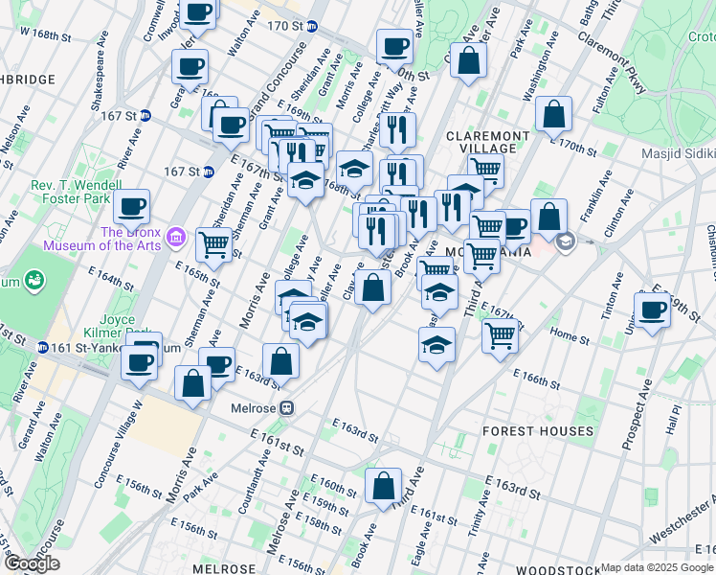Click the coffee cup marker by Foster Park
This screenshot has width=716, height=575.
[131, 206]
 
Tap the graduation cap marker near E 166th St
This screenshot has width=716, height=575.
[436, 345]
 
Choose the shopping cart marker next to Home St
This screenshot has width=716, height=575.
[500, 336]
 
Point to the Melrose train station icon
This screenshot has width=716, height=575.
[286, 407]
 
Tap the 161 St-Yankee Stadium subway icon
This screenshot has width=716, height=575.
[44, 348]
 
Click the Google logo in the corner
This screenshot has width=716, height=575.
[32, 563]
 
